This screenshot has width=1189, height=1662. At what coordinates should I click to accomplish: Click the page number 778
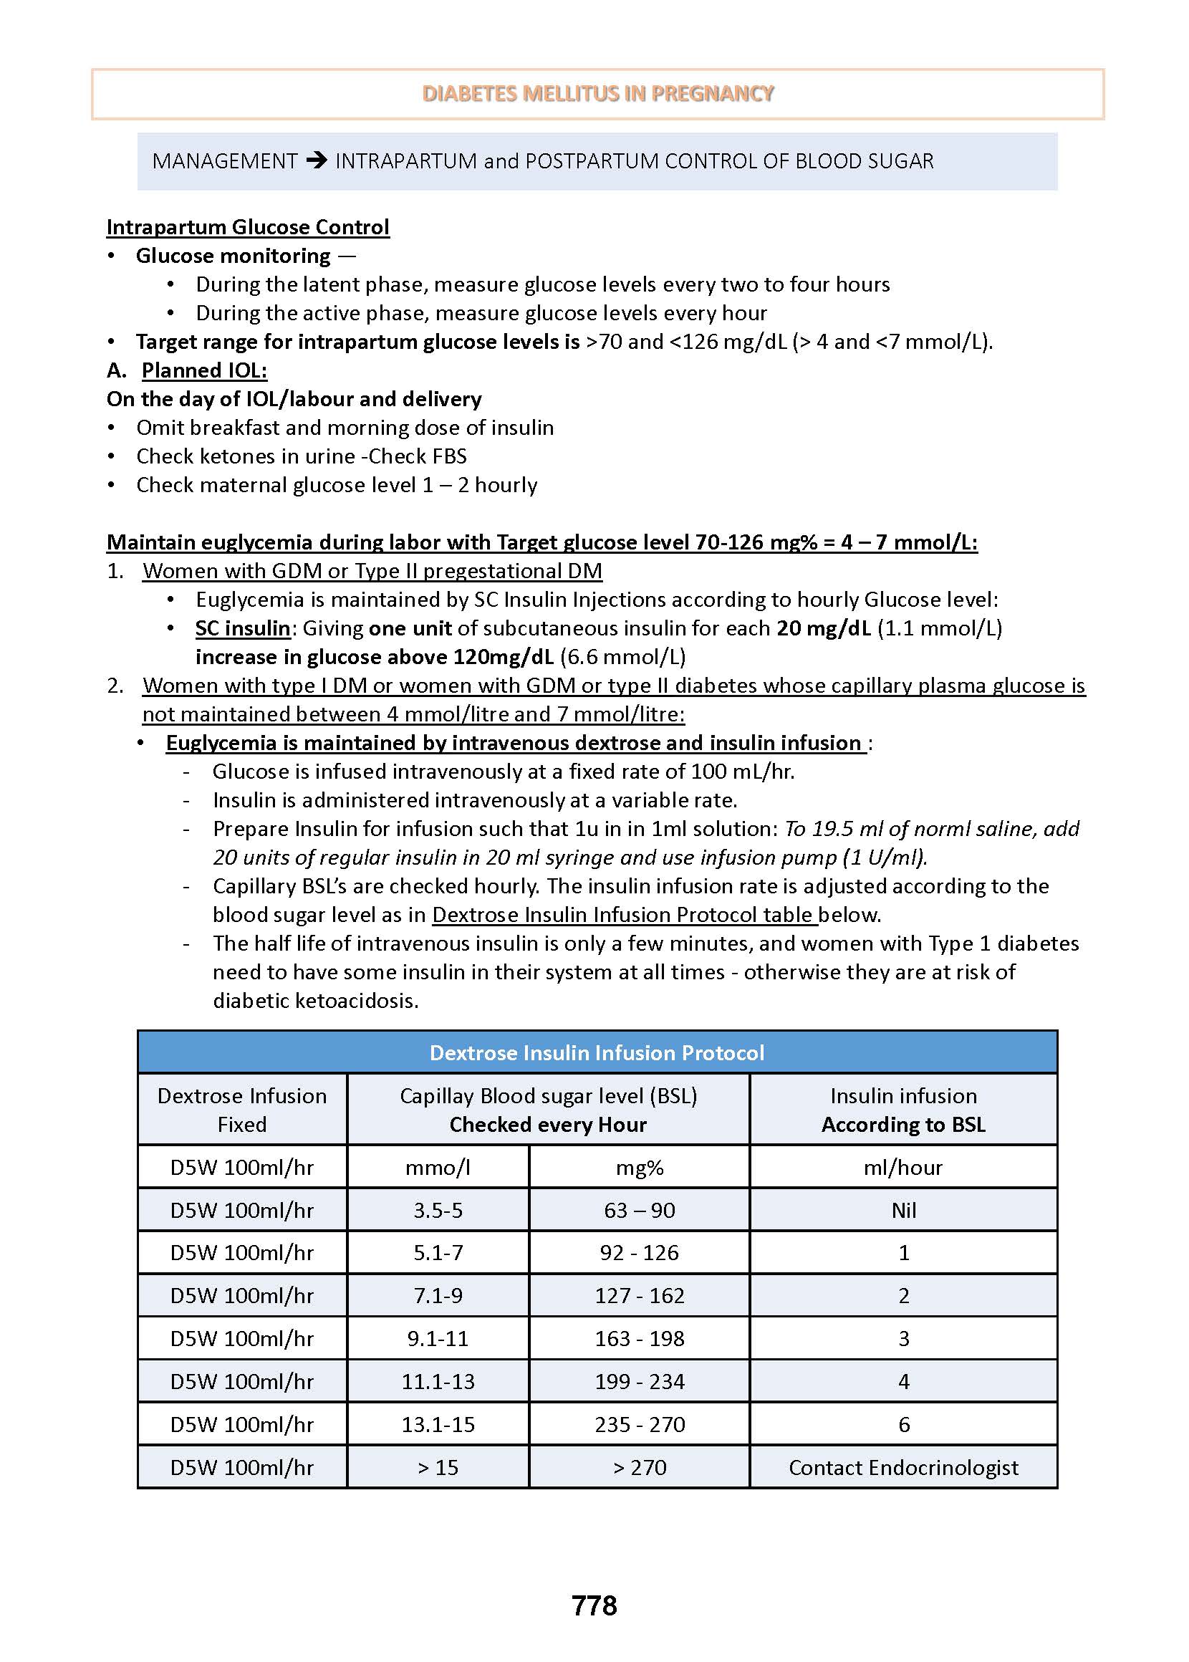click(x=594, y=1605)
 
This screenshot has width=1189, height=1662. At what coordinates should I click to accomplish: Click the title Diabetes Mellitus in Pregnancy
click(x=597, y=94)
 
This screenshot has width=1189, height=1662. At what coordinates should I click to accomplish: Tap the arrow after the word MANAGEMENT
click(x=317, y=160)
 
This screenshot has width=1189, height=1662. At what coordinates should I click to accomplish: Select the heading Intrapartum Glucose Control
click(x=247, y=227)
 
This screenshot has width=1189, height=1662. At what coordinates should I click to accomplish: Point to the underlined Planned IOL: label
click(x=204, y=370)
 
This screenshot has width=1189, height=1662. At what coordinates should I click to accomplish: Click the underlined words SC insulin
click(x=243, y=628)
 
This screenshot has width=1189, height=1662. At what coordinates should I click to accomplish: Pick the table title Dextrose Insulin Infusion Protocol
click(x=597, y=1052)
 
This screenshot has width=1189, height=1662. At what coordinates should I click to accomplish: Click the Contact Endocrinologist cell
click(x=902, y=1467)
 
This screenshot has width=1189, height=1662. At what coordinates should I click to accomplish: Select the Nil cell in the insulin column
click(x=903, y=1210)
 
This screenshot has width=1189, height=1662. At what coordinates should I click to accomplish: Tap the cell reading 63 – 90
click(x=639, y=1210)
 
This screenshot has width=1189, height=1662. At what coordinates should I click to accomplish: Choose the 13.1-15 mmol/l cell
click(x=438, y=1424)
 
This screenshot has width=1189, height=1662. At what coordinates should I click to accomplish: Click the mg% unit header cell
click(x=639, y=1167)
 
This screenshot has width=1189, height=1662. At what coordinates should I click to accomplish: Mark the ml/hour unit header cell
click(x=902, y=1167)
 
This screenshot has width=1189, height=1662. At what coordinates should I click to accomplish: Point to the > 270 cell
click(x=639, y=1467)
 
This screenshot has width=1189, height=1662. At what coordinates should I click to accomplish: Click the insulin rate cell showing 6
click(x=903, y=1424)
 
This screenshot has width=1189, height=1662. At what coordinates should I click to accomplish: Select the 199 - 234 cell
click(x=639, y=1382)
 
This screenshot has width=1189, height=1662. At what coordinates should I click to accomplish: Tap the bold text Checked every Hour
click(x=548, y=1125)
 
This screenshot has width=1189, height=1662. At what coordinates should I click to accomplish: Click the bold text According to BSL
click(x=902, y=1125)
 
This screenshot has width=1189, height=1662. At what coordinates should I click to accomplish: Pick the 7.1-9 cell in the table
click(x=438, y=1296)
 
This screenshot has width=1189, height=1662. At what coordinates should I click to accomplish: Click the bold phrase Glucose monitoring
click(x=233, y=256)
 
